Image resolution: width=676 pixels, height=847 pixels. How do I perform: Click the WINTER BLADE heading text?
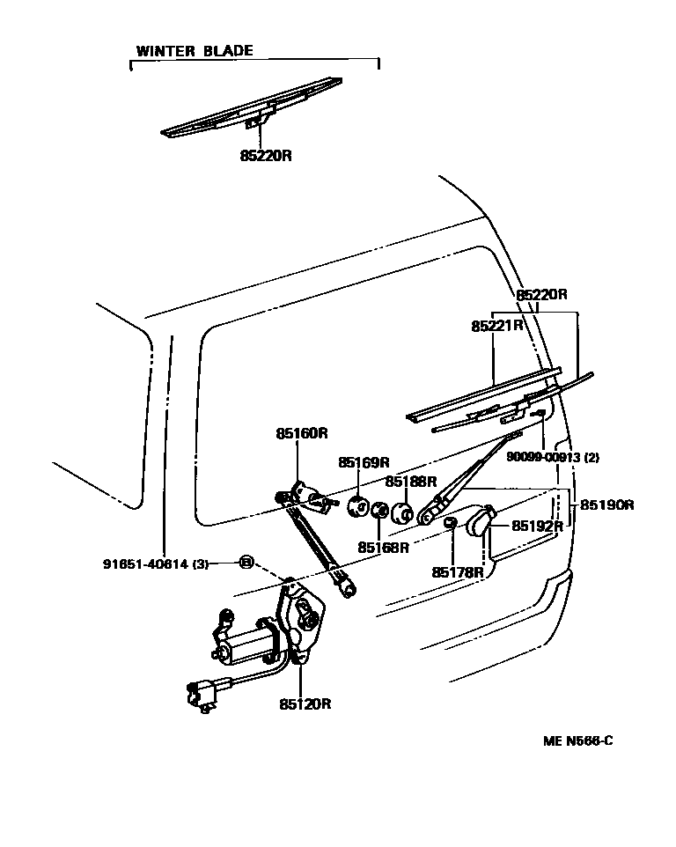coord(194,50)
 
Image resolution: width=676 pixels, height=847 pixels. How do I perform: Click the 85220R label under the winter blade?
coord(265,155)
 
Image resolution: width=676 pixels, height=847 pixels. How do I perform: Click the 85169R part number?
coord(364,462)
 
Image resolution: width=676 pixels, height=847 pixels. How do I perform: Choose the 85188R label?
coord(410,482)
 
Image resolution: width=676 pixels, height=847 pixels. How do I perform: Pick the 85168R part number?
coord(383,547)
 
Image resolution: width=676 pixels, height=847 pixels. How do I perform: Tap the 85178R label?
coord(458,571)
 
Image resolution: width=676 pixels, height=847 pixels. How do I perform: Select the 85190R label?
coord(608,505)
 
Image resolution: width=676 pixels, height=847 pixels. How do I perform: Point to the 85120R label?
coord(305,703)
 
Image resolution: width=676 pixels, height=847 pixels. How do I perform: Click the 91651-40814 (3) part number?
coord(154,564)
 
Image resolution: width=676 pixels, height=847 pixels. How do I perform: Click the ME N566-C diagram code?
coord(577,740)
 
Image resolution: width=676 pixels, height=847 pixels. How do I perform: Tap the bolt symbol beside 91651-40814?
coord(247,562)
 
